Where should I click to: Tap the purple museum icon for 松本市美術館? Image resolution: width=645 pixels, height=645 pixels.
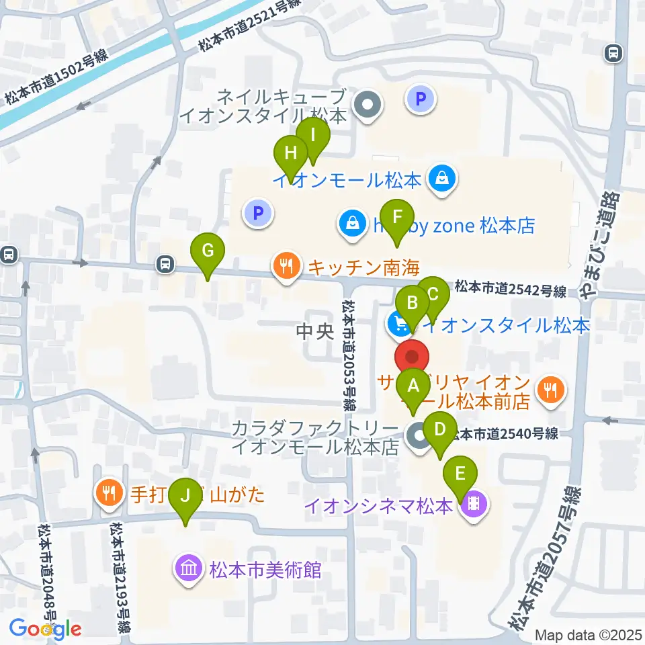tap(188, 569)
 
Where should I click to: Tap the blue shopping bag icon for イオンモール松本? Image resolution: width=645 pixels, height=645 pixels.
tap(443, 179)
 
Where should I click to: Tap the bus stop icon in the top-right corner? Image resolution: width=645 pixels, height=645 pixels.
tap(612, 53)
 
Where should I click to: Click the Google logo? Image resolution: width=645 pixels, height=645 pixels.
tap(46, 629)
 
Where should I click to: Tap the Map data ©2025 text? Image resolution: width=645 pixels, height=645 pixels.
tap(589, 634)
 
